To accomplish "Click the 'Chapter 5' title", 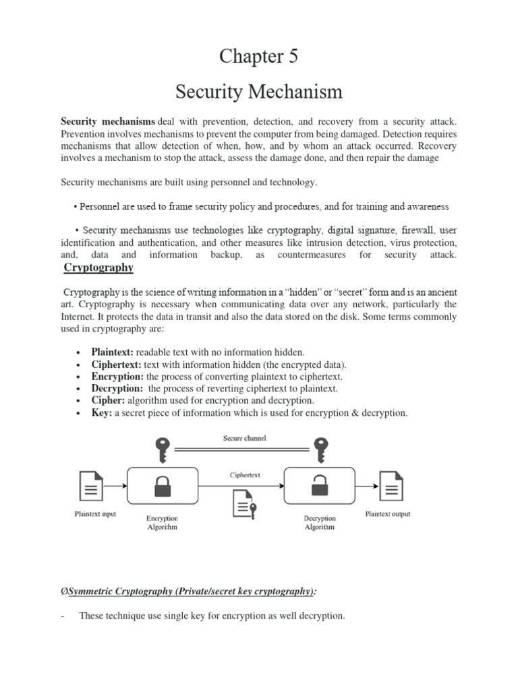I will (x=258, y=57).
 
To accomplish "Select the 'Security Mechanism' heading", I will (x=258, y=91).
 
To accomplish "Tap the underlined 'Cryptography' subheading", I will (x=98, y=268).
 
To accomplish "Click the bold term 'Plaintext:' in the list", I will (x=113, y=352).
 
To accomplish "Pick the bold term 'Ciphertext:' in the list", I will (x=116, y=365).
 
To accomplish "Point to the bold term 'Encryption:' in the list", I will (x=117, y=377).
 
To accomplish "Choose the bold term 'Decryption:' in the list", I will (x=117, y=389).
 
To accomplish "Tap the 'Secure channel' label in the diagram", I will (x=244, y=438).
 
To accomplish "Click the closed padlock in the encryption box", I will (x=162, y=485).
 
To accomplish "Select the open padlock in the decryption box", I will (x=320, y=485).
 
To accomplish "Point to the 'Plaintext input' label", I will (x=95, y=514).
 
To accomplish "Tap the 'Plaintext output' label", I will (x=388, y=514).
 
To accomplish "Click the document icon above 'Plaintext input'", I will (x=92, y=485).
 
